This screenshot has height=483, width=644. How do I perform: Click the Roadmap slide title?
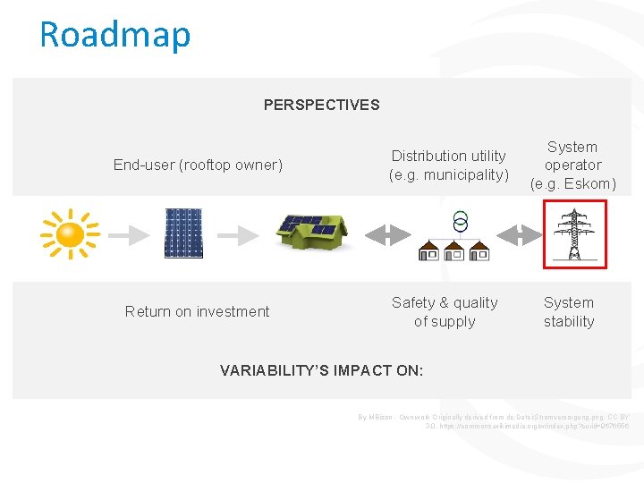(x=115, y=35)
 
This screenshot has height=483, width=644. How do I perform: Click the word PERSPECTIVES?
(x=321, y=105)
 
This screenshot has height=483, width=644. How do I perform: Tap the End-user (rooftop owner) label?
(x=198, y=165)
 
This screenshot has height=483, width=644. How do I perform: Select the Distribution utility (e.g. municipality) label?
(x=448, y=165)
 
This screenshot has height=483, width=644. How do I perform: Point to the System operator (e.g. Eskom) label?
(x=572, y=165)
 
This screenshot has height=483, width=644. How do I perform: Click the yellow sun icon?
(x=70, y=234)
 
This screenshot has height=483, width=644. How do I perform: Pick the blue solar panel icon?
(x=183, y=233)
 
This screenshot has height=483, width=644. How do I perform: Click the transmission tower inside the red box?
(x=574, y=234)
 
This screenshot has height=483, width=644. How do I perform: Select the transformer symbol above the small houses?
(x=460, y=221)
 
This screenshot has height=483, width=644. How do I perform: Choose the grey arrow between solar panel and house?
(x=239, y=235)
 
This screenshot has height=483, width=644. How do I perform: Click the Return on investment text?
(x=197, y=311)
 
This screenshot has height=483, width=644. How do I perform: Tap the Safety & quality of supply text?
(x=445, y=312)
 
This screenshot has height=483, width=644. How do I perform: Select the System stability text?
(x=569, y=312)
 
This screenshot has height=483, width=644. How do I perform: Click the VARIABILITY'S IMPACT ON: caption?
(x=321, y=369)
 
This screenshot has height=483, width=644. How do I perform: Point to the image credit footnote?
(x=493, y=421)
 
